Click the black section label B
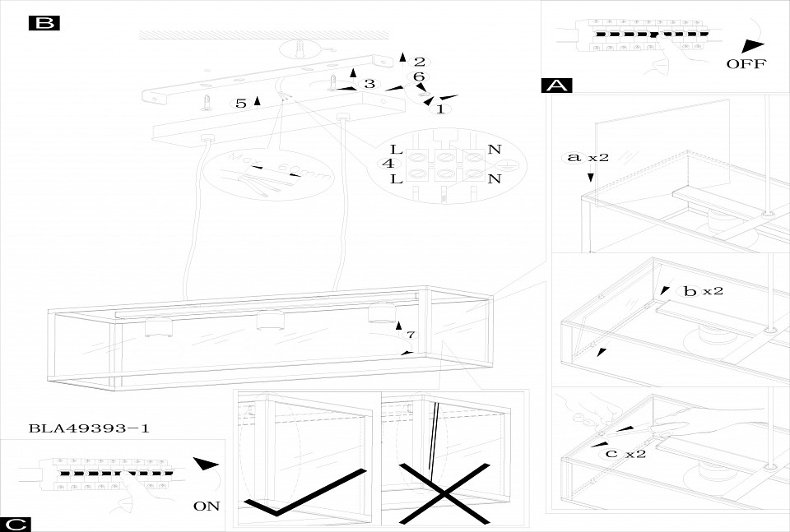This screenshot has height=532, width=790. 44,23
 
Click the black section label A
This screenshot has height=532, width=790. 557,86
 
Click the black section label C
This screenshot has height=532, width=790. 16,524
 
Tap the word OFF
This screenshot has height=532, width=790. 746,64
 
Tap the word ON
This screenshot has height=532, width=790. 207,506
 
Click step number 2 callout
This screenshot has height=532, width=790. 419,62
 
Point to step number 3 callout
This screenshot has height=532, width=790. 369,84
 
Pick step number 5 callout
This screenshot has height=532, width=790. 240,104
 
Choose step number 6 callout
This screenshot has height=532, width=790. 418,76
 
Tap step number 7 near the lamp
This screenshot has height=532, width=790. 411,335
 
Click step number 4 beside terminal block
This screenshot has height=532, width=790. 386,164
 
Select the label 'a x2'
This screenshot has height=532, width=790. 587,157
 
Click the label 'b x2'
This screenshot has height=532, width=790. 702,292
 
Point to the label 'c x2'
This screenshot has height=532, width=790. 623,454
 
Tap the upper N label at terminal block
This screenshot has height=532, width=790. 494,150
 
